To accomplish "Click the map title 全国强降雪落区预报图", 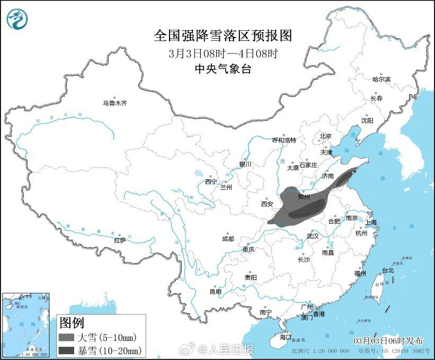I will [223, 36].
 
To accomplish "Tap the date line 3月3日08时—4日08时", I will [223, 54].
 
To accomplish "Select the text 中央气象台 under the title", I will [223, 69].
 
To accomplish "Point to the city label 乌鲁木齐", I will [114, 103].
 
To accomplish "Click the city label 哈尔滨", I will [381, 79].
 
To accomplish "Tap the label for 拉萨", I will [120, 240].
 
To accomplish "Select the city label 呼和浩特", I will [284, 140].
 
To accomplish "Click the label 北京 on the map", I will [325, 136].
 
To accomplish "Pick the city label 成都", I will [228, 238].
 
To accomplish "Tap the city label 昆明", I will [215, 291].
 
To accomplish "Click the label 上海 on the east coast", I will [371, 222].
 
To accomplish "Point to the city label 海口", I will [286, 336].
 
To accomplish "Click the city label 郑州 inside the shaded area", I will [304, 196].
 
